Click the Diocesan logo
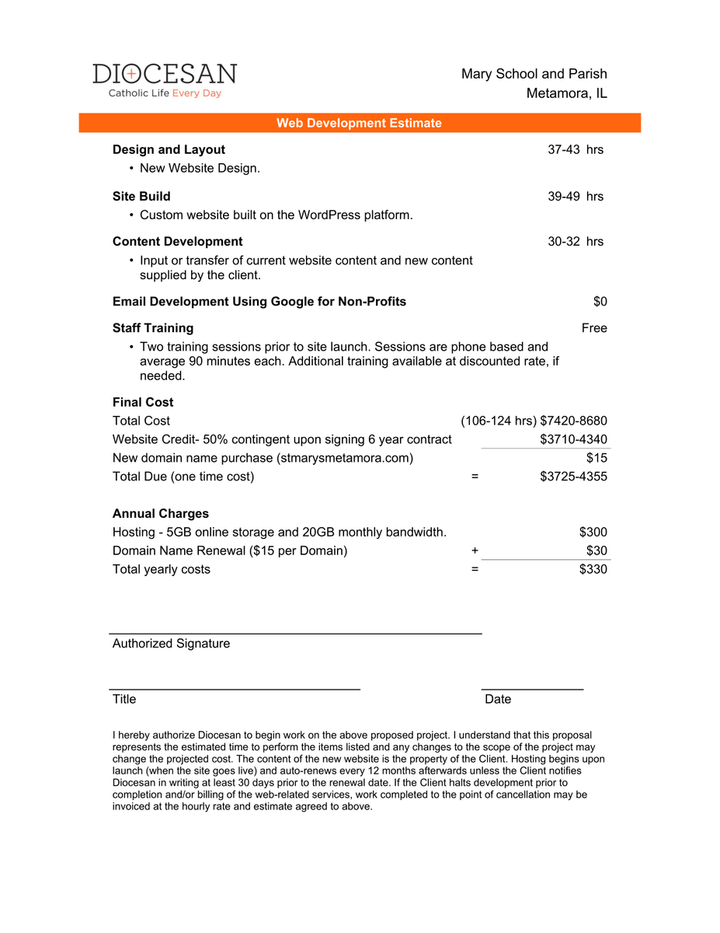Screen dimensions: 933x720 165,80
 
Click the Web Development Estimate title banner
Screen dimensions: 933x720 359,123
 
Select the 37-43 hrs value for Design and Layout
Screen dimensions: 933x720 576,149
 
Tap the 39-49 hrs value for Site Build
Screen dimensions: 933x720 576,196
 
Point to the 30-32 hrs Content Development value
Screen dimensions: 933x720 576,241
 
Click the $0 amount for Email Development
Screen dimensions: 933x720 600,301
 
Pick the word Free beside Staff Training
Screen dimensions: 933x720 594,327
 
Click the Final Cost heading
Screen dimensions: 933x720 143,402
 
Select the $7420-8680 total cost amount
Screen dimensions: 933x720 573,421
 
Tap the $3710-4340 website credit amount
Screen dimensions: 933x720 573,439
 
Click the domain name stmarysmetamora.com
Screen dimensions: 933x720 345,458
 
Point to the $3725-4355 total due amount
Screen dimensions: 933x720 573,476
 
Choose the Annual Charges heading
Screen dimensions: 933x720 161,513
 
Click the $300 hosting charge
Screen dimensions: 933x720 593,532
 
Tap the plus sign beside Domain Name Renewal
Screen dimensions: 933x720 475,550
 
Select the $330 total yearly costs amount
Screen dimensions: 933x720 593,569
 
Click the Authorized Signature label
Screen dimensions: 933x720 171,643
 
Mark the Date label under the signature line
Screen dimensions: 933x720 498,699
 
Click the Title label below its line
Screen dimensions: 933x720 124,699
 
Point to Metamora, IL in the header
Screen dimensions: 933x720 566,93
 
